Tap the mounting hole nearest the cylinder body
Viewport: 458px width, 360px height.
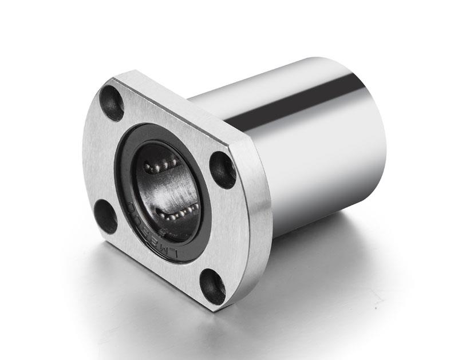[x=223, y=169]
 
